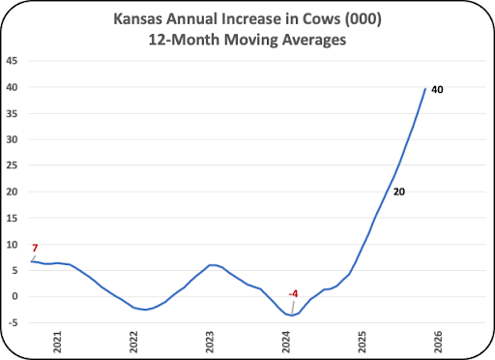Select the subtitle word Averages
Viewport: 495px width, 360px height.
click(x=314, y=40)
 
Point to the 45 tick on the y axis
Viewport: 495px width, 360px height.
click(x=12, y=61)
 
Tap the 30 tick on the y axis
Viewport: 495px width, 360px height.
click(x=12, y=139)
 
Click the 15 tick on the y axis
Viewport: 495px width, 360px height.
click(x=12, y=218)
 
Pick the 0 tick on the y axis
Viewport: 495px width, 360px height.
click(x=15, y=296)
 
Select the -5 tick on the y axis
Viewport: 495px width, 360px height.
click(x=13, y=322)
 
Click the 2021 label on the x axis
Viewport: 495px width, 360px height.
click(x=57, y=342)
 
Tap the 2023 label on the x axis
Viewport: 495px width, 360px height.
click(x=210, y=342)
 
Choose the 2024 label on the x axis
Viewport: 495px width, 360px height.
click(x=286, y=342)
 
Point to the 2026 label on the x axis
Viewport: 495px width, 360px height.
click(x=438, y=342)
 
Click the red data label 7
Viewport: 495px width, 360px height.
click(x=35, y=248)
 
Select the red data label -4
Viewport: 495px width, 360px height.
click(x=293, y=294)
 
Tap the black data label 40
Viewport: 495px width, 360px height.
click(x=437, y=89)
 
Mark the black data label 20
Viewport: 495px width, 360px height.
click(x=399, y=192)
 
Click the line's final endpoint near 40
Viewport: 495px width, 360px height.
click(x=425, y=89)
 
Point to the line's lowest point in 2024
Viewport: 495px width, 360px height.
click(x=292, y=315)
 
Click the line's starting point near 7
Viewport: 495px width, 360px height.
click(x=31, y=261)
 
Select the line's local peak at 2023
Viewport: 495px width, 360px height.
click(x=212, y=265)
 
